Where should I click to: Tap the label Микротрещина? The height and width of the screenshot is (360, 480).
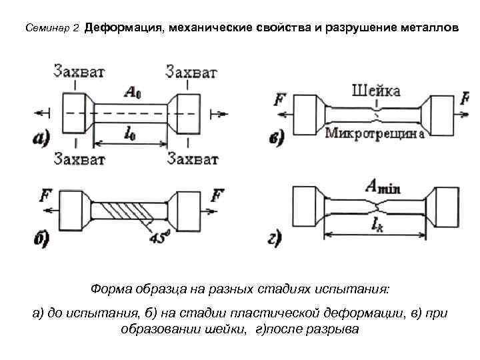point(375,133)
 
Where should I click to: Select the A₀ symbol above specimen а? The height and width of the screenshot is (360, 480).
point(132,93)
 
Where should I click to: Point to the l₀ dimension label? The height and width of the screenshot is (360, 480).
point(131,133)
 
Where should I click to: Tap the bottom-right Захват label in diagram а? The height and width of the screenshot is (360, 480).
point(193,159)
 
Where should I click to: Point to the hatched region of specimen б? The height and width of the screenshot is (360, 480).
point(130,213)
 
